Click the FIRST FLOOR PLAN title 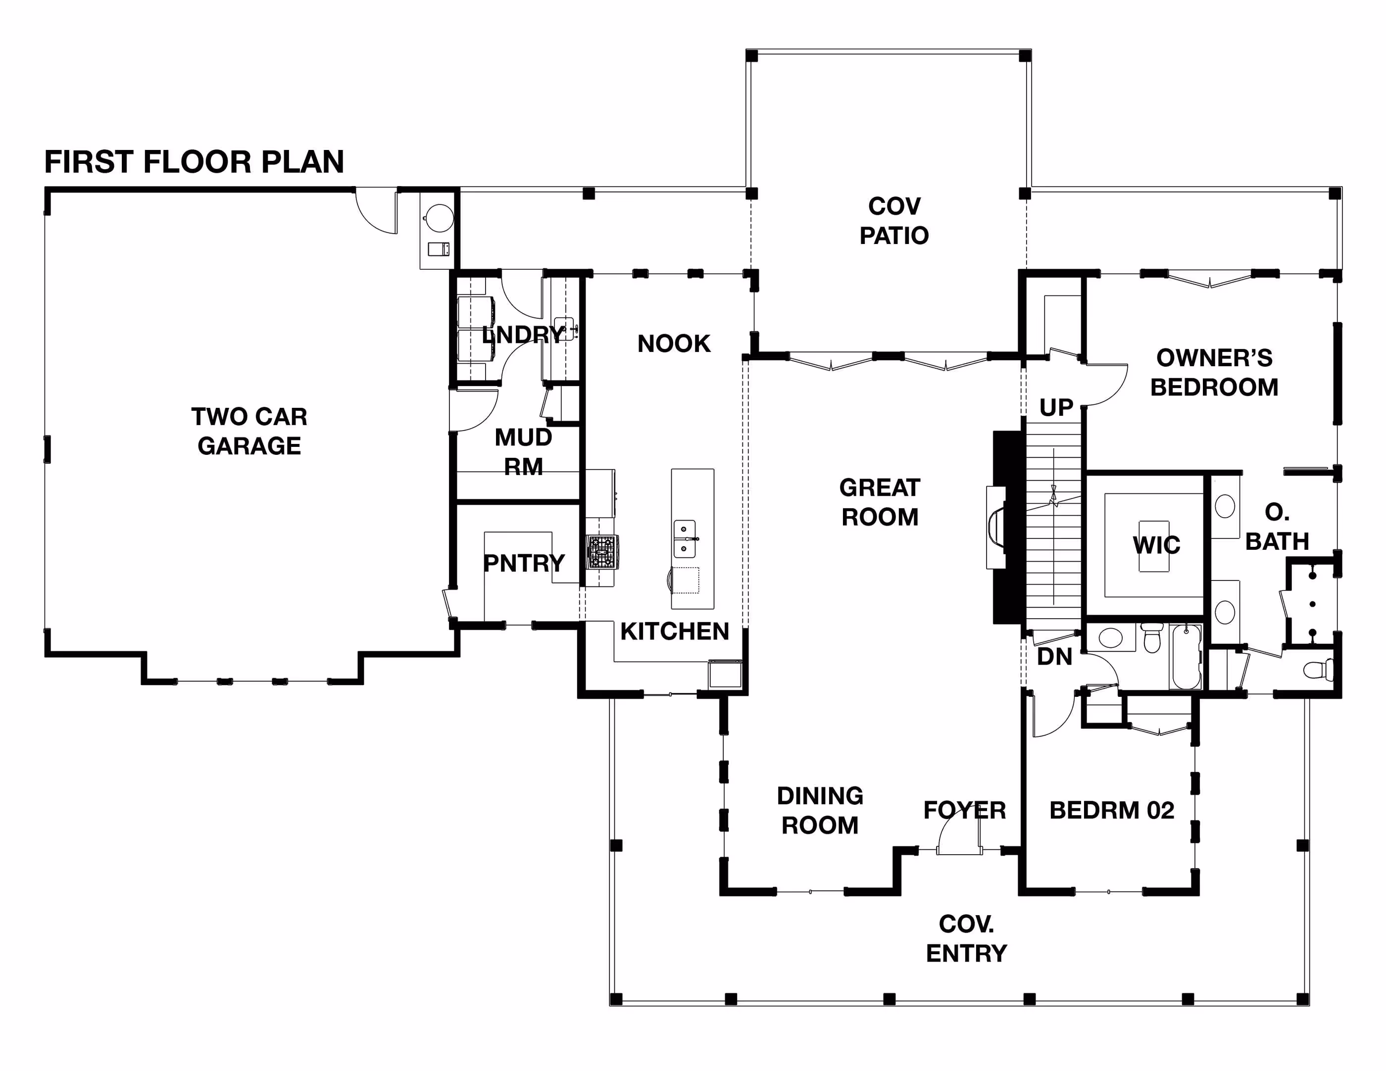(x=194, y=162)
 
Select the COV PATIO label (x=894, y=221)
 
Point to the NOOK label (x=674, y=343)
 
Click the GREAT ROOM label (x=880, y=502)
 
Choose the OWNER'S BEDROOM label (x=1214, y=373)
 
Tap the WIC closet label (x=1156, y=545)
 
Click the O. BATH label (x=1277, y=527)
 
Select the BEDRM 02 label (x=1112, y=810)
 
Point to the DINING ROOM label (x=820, y=810)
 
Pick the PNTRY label (x=524, y=563)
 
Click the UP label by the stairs (x=1056, y=407)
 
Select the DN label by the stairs (x=1054, y=657)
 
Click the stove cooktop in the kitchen (x=601, y=551)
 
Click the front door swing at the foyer (x=959, y=833)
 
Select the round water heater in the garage (x=439, y=218)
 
